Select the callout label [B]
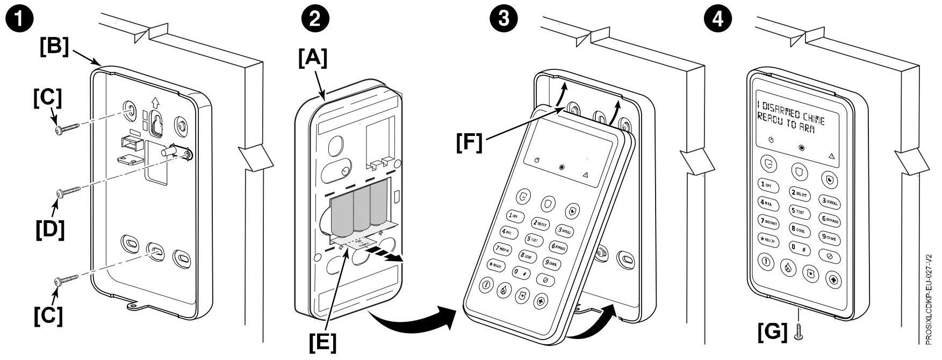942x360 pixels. point(55,46)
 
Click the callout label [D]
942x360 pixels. point(50,229)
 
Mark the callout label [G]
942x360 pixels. point(772,332)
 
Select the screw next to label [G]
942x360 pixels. point(798,332)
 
